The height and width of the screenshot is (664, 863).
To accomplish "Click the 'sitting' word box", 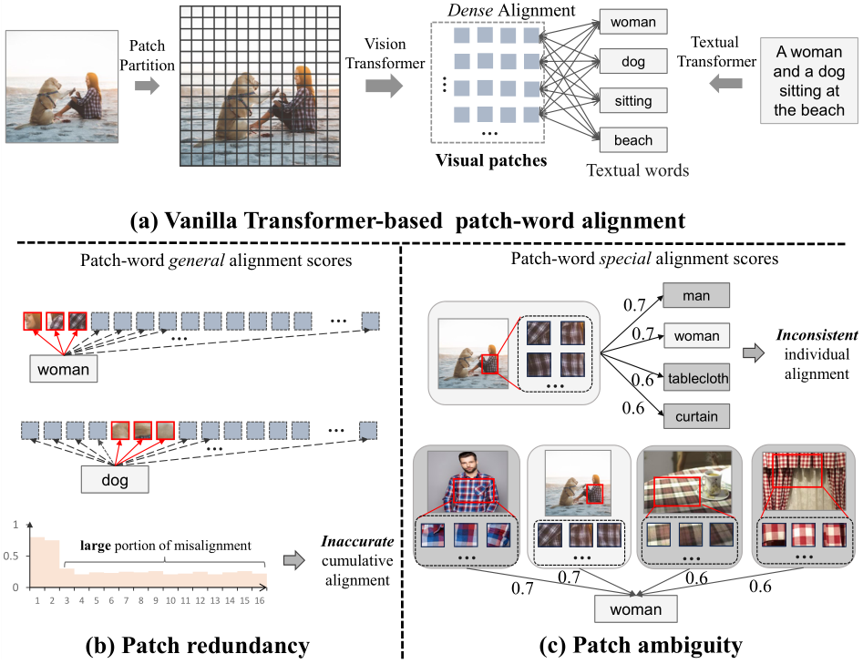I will point(633,102).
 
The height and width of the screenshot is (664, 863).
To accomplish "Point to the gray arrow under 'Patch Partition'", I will point(146,86).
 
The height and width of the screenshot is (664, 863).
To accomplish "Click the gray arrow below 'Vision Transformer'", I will point(384,86).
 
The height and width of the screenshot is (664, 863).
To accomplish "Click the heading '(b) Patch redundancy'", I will point(196,646).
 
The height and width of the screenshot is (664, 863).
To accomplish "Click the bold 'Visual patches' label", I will point(491,160).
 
